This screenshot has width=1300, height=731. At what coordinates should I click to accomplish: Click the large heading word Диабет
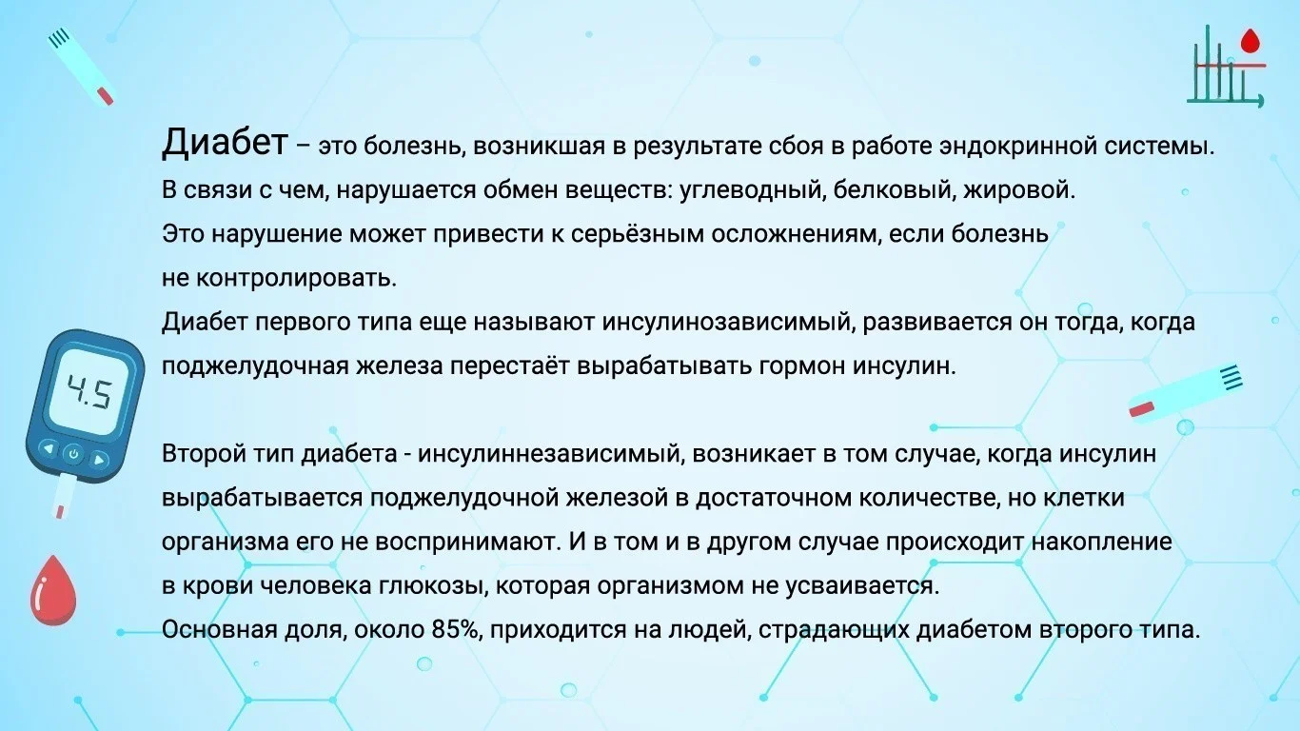coord(225,142)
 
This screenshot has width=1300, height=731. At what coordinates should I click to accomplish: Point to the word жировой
coord(1018,190)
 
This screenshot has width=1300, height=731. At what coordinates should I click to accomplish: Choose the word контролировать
coord(296,279)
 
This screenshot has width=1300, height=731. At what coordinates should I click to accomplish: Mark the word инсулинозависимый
coord(729,323)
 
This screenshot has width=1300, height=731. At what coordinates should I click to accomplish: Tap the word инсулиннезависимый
coord(548,454)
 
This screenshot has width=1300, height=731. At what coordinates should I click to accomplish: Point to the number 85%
coord(458,630)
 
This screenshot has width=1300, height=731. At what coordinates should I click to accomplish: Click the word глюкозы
coord(431,586)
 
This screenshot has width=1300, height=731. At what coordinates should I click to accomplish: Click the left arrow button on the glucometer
coord(49,449)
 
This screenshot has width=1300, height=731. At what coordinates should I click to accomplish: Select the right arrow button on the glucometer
coord(99,461)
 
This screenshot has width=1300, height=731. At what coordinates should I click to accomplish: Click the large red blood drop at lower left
coord(52,590)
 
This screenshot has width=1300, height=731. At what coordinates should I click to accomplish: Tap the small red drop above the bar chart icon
coord(1251,42)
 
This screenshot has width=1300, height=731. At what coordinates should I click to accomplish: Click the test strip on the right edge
coord(1186,392)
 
